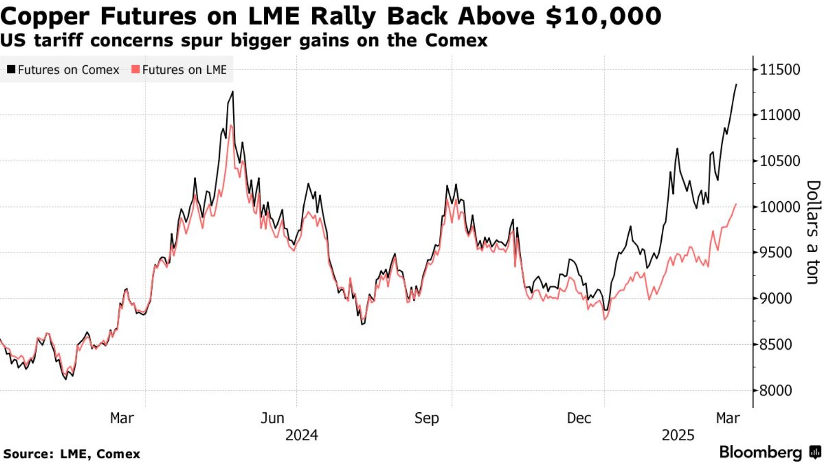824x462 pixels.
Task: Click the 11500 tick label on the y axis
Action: coord(780,70)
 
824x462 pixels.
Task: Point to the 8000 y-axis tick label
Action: coord(776,391)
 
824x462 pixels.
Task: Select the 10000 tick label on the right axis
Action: coord(780,207)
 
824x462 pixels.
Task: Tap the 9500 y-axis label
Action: coord(776,253)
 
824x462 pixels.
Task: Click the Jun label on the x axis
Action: coord(272,418)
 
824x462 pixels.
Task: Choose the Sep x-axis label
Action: coord(427,418)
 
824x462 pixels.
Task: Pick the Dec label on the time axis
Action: coord(579,418)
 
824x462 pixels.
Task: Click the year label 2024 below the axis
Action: coord(302,435)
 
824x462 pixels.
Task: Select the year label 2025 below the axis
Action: coord(678,435)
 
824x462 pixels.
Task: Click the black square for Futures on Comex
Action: coord(11,70)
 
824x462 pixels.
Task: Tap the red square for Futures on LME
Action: coord(136,70)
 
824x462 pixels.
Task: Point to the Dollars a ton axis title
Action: coord(813,232)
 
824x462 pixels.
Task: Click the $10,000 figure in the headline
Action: coord(604,16)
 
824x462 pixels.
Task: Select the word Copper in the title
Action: coord(45,16)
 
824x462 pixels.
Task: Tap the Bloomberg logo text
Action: coord(760,452)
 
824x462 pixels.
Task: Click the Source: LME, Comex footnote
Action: coord(72,454)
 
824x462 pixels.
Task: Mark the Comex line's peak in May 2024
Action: coord(233,92)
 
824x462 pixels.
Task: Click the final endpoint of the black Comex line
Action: coord(736,85)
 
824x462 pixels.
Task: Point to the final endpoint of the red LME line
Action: coord(736,204)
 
